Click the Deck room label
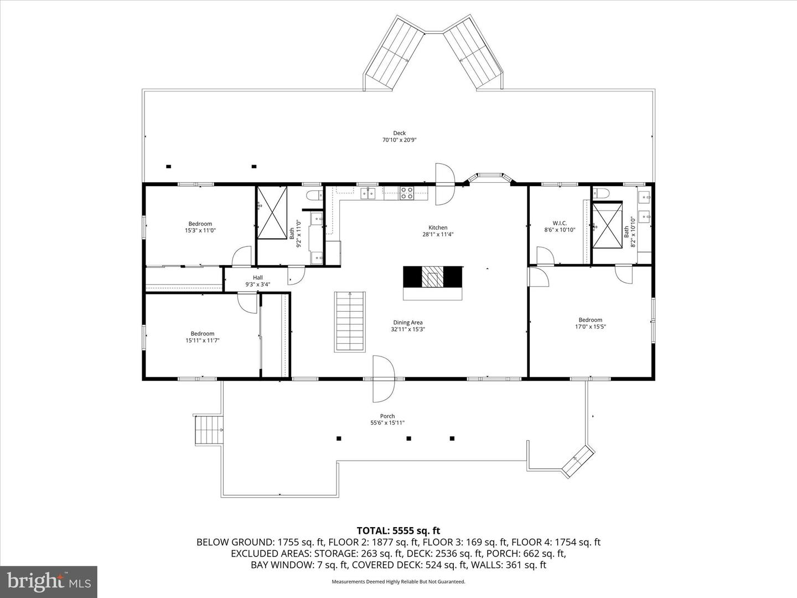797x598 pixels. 399,133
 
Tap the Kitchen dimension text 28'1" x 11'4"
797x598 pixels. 438,234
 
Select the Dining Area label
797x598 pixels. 408,322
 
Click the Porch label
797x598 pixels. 387,416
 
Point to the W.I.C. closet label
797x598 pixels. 560,223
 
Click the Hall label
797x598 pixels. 258,278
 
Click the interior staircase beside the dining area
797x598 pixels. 350,321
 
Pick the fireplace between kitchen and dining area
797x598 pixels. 432,277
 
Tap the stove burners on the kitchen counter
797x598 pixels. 407,193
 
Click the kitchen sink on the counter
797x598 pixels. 368,193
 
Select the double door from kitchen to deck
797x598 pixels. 444,184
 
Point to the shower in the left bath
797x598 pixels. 272,213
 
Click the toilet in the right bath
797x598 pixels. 601,193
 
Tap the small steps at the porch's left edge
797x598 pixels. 209,430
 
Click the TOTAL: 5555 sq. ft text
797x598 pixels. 398,531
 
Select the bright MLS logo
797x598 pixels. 49,581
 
